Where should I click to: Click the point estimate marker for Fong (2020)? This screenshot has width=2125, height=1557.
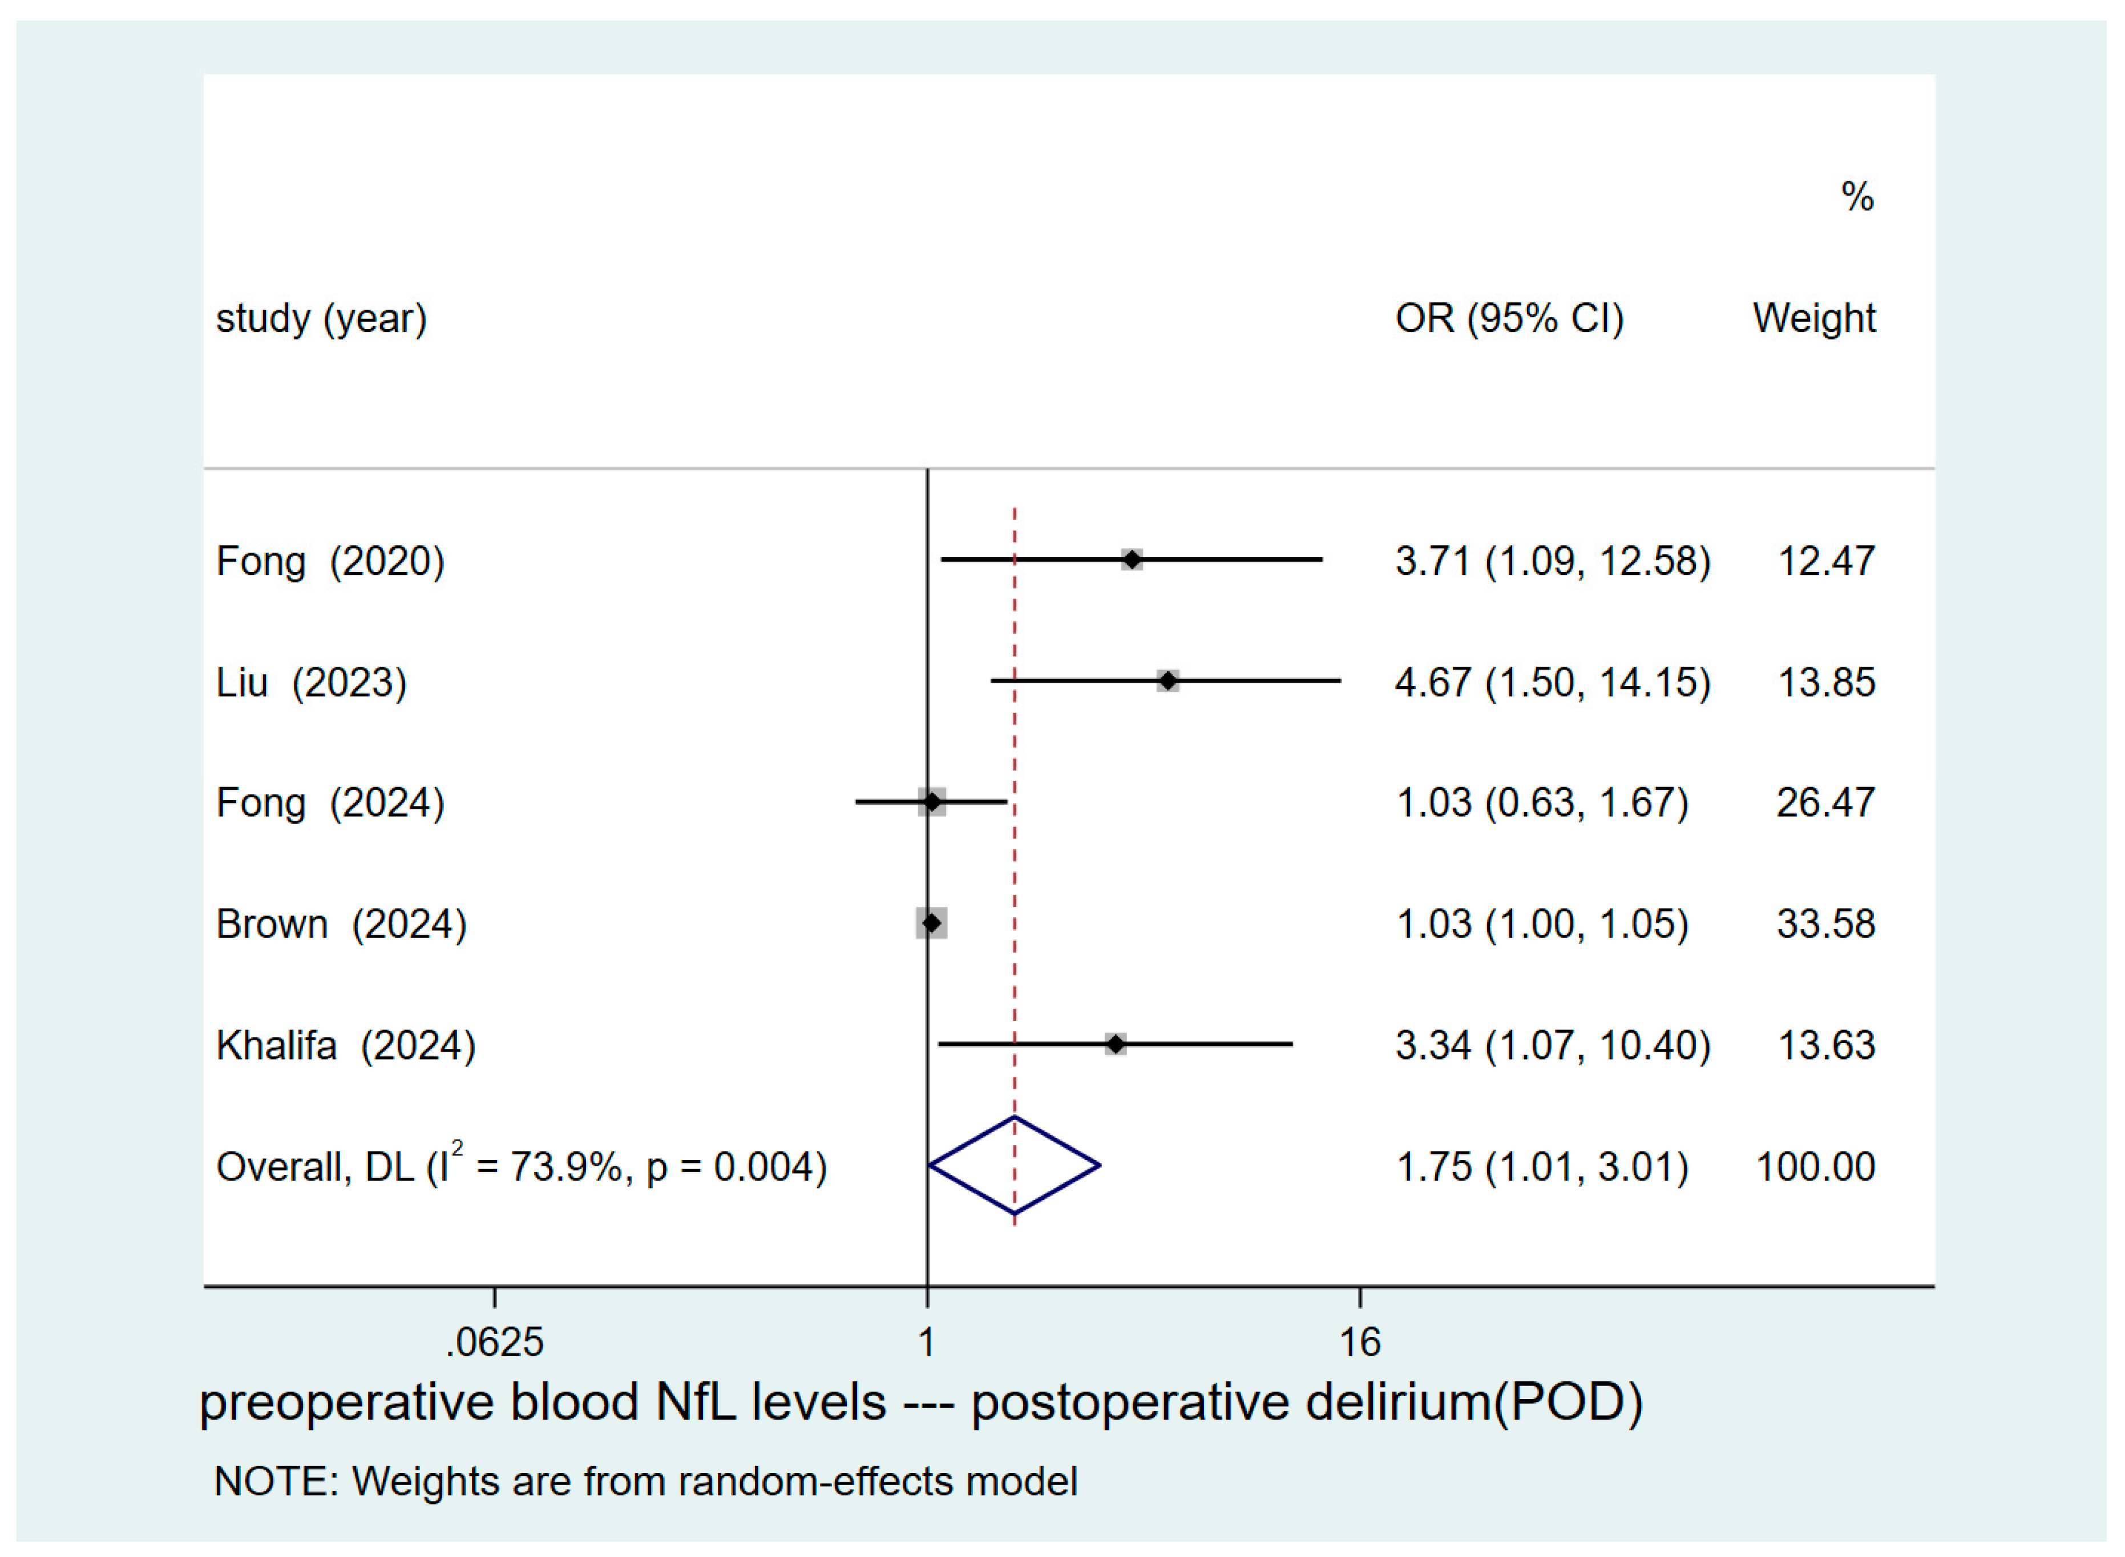click(x=1132, y=560)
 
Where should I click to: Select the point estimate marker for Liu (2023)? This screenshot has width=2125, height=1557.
click(x=1168, y=680)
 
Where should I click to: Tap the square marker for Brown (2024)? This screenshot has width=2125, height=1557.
click(x=931, y=923)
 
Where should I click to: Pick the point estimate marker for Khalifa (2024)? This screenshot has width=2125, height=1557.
click(x=1116, y=1044)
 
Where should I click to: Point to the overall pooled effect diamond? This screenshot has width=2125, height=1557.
click(x=1015, y=1166)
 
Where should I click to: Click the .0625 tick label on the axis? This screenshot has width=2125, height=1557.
click(x=494, y=1343)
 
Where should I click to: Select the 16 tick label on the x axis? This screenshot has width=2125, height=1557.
click(x=1359, y=1343)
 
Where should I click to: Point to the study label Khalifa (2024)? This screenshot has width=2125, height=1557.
click(x=345, y=1045)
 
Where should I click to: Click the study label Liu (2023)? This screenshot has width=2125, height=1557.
click(x=311, y=682)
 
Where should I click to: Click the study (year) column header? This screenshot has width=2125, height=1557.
click(x=321, y=319)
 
